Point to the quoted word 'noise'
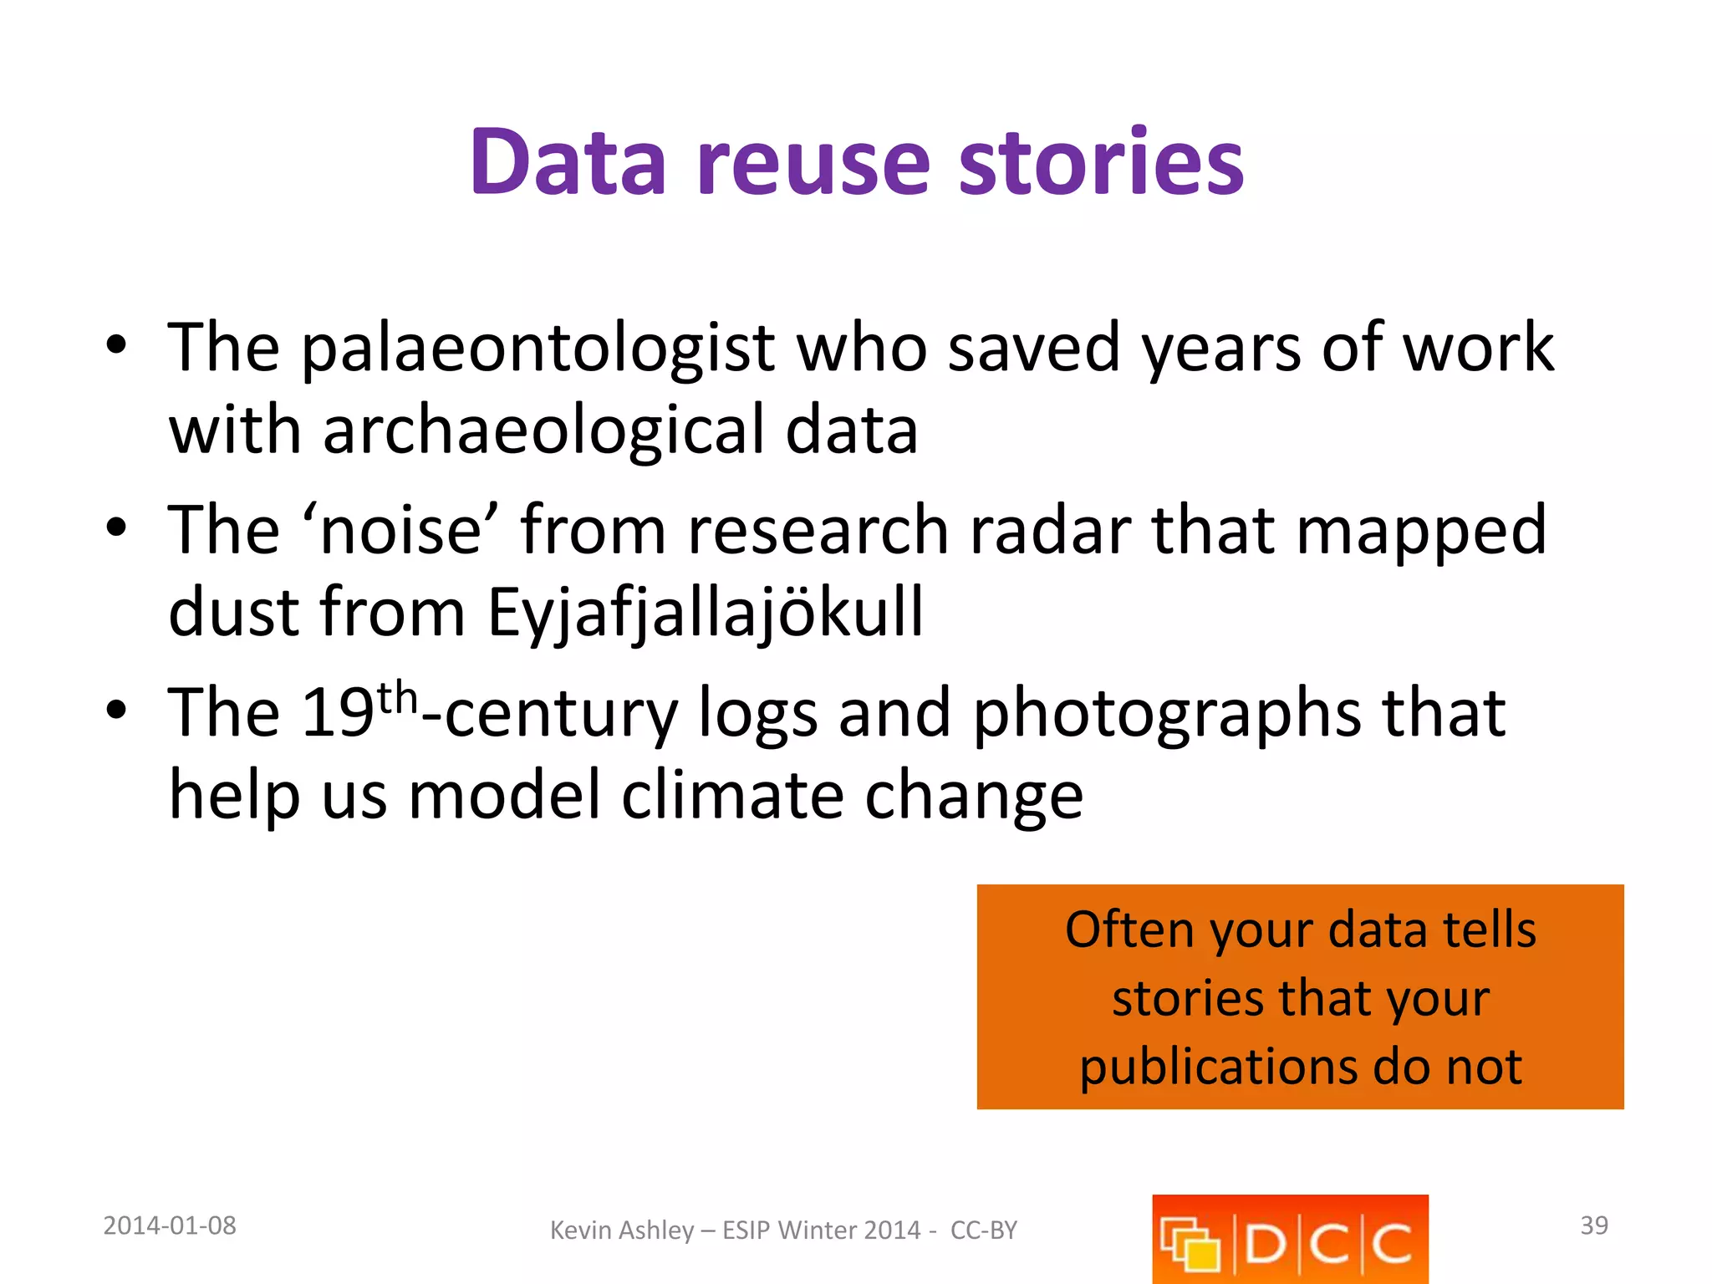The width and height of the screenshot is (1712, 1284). click(400, 530)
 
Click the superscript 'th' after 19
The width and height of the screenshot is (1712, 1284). click(397, 697)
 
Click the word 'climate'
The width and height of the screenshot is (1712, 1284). click(732, 796)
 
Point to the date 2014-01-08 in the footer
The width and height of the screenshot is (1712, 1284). click(170, 1225)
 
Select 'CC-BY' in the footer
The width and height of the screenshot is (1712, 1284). click(984, 1230)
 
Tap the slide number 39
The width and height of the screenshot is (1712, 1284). click(1594, 1225)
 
